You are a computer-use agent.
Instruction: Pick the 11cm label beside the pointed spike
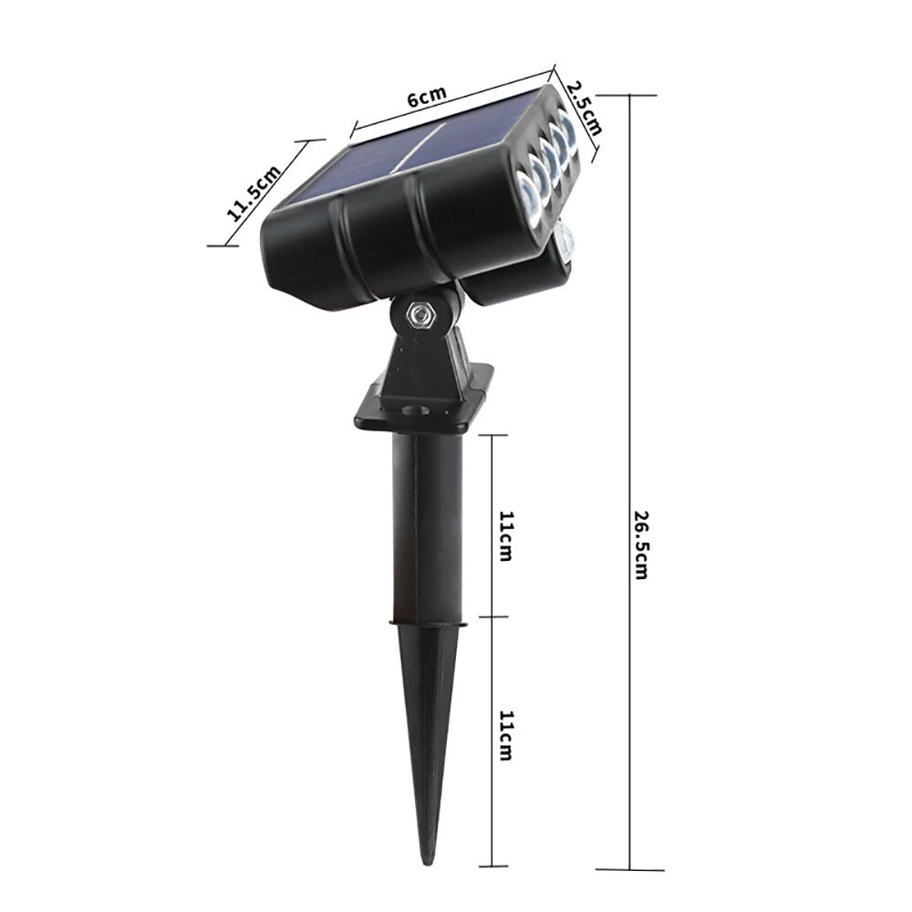tap(504, 736)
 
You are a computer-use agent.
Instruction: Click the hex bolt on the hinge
tap(419, 313)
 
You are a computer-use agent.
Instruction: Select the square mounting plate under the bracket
tap(423, 401)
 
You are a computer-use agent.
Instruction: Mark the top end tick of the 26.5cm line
tap(629, 95)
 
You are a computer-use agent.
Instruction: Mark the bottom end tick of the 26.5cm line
tap(629, 868)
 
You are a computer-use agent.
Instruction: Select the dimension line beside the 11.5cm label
tap(266, 193)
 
